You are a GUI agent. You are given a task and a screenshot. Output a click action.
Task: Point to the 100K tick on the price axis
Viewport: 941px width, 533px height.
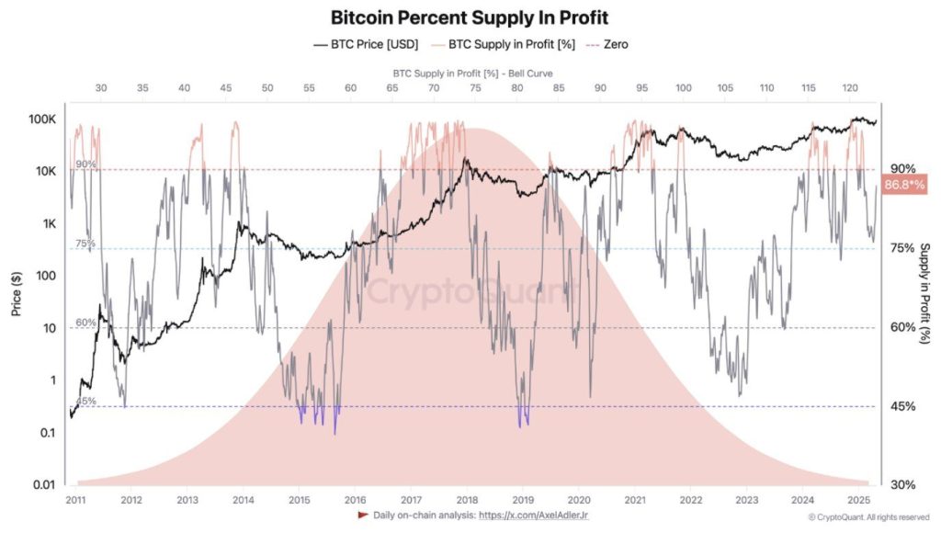click(42, 120)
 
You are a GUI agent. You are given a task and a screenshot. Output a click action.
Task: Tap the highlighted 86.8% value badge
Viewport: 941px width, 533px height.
click(904, 186)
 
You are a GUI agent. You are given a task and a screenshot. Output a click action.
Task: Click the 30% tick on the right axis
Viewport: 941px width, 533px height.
click(902, 484)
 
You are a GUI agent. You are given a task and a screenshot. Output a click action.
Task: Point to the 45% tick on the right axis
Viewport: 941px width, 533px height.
click(902, 406)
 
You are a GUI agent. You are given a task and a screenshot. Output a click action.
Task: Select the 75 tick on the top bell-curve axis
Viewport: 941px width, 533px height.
click(474, 87)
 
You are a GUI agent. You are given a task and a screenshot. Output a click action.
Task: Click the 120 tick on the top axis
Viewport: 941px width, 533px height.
click(848, 87)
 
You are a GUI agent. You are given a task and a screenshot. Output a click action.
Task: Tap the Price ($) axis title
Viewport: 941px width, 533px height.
click(16, 295)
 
